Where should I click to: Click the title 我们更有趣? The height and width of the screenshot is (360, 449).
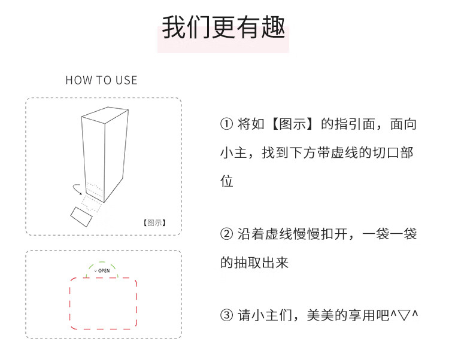pos(224,27)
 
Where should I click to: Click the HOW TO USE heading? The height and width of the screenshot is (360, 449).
pos(102,80)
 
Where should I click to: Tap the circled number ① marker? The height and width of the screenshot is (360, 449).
pos(226,124)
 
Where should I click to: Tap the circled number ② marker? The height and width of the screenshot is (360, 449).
pos(226,234)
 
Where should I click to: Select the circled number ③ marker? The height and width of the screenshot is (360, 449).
pos(226,315)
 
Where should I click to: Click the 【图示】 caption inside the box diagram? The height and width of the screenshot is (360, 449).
pos(154,222)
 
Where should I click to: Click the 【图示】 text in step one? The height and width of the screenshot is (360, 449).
pos(292,124)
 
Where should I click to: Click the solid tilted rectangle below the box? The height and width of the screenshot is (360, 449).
pos(81,216)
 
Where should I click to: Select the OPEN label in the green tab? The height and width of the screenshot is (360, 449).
pos(104,270)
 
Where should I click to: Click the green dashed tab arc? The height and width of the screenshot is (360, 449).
pos(102,262)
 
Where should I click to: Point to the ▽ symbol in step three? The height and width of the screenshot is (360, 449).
pos(404,315)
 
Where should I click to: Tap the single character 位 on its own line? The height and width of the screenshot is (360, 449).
pos(227,181)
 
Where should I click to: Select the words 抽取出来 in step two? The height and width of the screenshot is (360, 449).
pos(261,263)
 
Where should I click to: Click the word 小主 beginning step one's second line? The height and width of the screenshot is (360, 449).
pos(233,152)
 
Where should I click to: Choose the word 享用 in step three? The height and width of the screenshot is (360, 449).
pos(362,315)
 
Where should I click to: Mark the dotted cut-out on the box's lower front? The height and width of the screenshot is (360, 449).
pos(95,190)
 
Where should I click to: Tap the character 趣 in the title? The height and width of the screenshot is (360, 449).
pos(274,27)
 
